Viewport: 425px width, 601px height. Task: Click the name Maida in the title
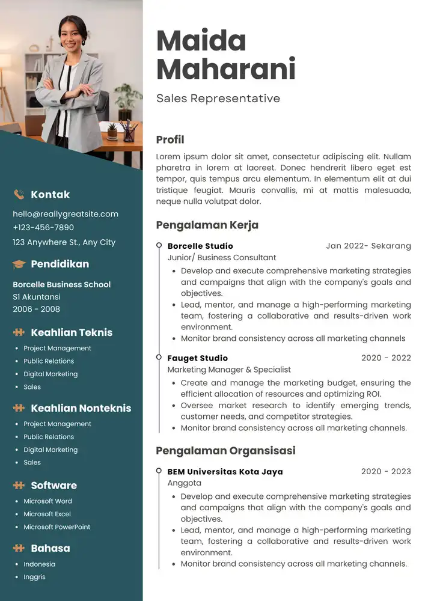pyautogui.click(x=201, y=41)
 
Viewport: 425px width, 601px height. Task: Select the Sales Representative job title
pyautogui.click(x=218, y=98)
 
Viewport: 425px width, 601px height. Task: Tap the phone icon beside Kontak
pyautogui.click(x=19, y=194)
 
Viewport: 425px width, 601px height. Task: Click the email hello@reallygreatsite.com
pyautogui.click(x=66, y=214)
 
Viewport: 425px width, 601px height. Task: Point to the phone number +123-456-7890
pyautogui.click(x=43, y=228)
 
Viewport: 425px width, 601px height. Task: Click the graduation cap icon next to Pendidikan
pyautogui.click(x=19, y=264)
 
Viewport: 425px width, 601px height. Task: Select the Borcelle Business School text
pyautogui.click(x=61, y=284)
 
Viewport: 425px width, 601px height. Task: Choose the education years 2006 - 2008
pyautogui.click(x=36, y=310)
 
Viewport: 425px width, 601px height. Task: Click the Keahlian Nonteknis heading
pyautogui.click(x=81, y=408)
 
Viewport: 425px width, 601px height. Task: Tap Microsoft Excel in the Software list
pyautogui.click(x=47, y=514)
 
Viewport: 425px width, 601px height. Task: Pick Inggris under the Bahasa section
pyautogui.click(x=34, y=577)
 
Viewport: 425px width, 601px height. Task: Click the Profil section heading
pyautogui.click(x=170, y=139)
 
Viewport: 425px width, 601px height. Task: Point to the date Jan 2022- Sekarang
pyautogui.click(x=368, y=246)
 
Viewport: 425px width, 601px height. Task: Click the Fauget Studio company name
pyautogui.click(x=197, y=358)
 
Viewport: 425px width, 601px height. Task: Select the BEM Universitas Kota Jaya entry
pyautogui.click(x=225, y=472)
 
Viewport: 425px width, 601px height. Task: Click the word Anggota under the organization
pyautogui.click(x=184, y=483)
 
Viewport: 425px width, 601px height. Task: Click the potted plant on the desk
pyautogui.click(x=112, y=130)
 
